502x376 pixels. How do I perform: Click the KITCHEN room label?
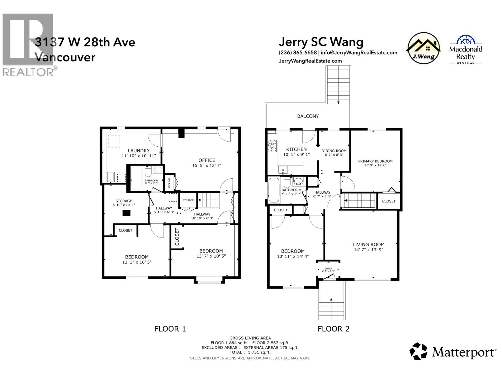click(x=296, y=149)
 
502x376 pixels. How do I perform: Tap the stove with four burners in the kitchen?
click(x=272, y=146)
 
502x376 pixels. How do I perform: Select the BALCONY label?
click(x=308, y=116)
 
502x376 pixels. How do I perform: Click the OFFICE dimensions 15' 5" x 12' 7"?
click(x=207, y=165)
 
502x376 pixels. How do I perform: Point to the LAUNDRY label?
click(x=139, y=151)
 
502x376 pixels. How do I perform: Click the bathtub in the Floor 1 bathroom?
click(x=136, y=178)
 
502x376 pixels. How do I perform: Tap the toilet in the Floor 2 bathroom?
click(x=287, y=182)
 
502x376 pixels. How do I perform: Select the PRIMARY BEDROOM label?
click(x=375, y=161)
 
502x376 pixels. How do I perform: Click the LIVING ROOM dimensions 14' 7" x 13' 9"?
click(x=368, y=250)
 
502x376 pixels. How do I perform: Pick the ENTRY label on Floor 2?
click(x=328, y=269)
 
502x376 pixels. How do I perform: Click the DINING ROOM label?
click(x=334, y=151)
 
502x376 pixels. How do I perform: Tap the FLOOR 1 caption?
click(x=170, y=329)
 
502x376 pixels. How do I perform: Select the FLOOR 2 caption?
click(x=334, y=329)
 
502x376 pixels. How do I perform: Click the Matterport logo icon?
click(x=418, y=351)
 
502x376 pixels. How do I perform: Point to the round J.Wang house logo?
click(x=423, y=48)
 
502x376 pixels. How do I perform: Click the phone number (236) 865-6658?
click(x=297, y=53)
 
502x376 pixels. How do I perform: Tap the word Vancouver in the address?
click(x=65, y=57)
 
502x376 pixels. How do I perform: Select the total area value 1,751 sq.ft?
click(x=259, y=352)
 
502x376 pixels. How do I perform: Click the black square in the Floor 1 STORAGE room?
click(x=126, y=213)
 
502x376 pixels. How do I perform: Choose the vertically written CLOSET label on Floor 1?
click(x=177, y=237)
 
